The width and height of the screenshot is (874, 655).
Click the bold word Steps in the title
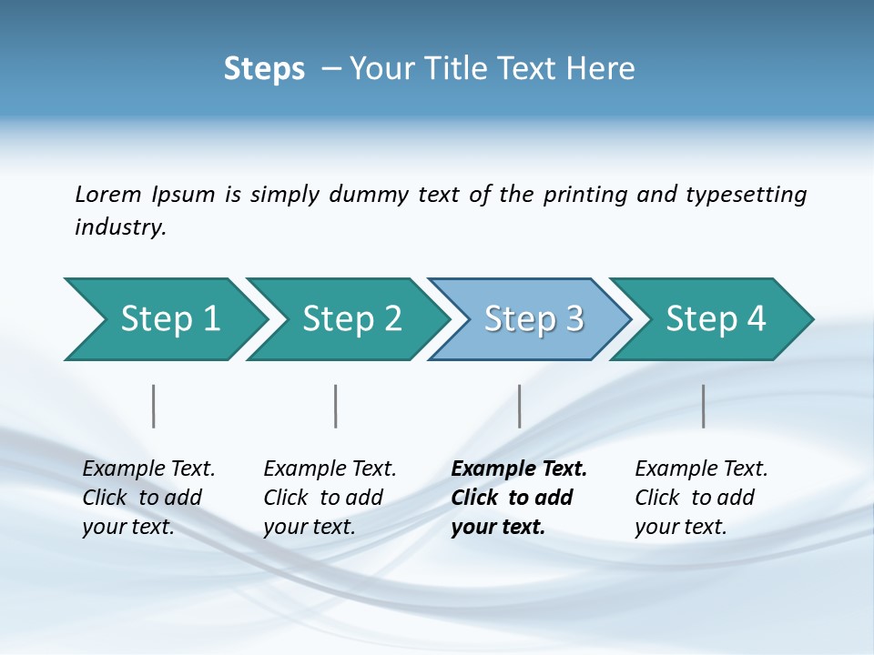[x=264, y=69]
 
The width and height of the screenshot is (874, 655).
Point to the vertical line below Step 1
[x=154, y=406]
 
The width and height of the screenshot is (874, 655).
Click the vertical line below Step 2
[x=336, y=406]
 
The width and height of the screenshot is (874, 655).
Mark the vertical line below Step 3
[x=519, y=406]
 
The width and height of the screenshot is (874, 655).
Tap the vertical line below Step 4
[x=703, y=406]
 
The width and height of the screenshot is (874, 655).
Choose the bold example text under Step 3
[x=518, y=498]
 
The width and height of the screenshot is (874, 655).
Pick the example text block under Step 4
[x=701, y=498]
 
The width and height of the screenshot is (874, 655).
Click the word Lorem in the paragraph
[x=108, y=194]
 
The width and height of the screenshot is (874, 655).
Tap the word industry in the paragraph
[x=118, y=227]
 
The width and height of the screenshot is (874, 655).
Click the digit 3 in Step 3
[x=574, y=319]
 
